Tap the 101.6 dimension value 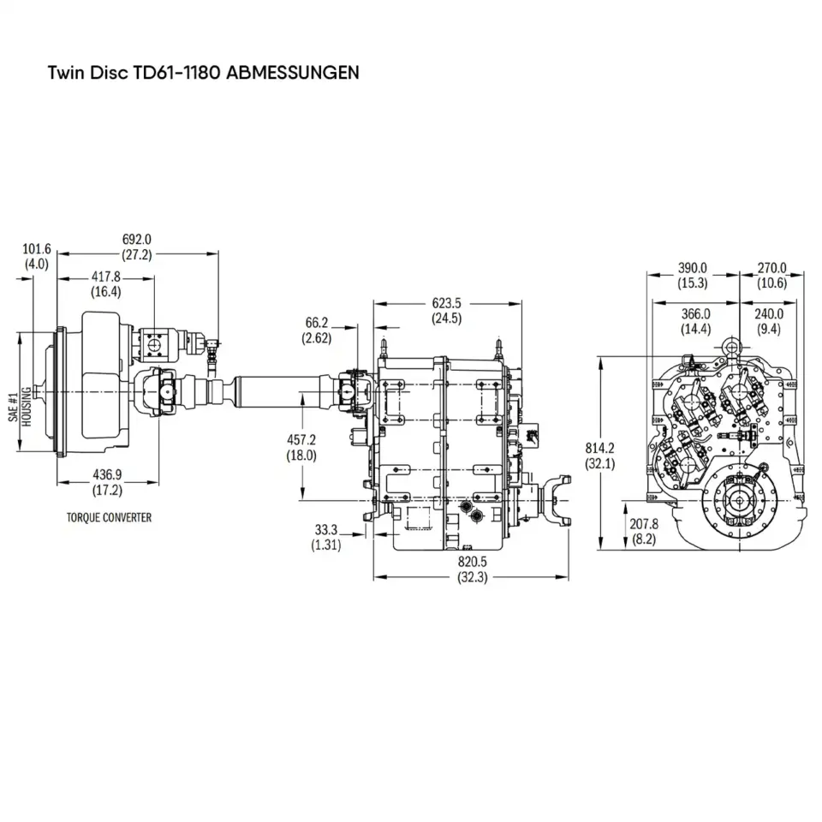[x=37, y=249]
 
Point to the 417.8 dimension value [x=107, y=277]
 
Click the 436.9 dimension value [x=107, y=475]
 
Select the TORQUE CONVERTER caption [x=109, y=518]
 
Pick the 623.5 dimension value [x=446, y=303]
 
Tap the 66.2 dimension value [x=316, y=323]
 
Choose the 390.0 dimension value [x=692, y=268]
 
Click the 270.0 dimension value [x=771, y=268]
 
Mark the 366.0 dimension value [x=694, y=314]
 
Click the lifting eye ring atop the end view [x=733, y=344]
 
